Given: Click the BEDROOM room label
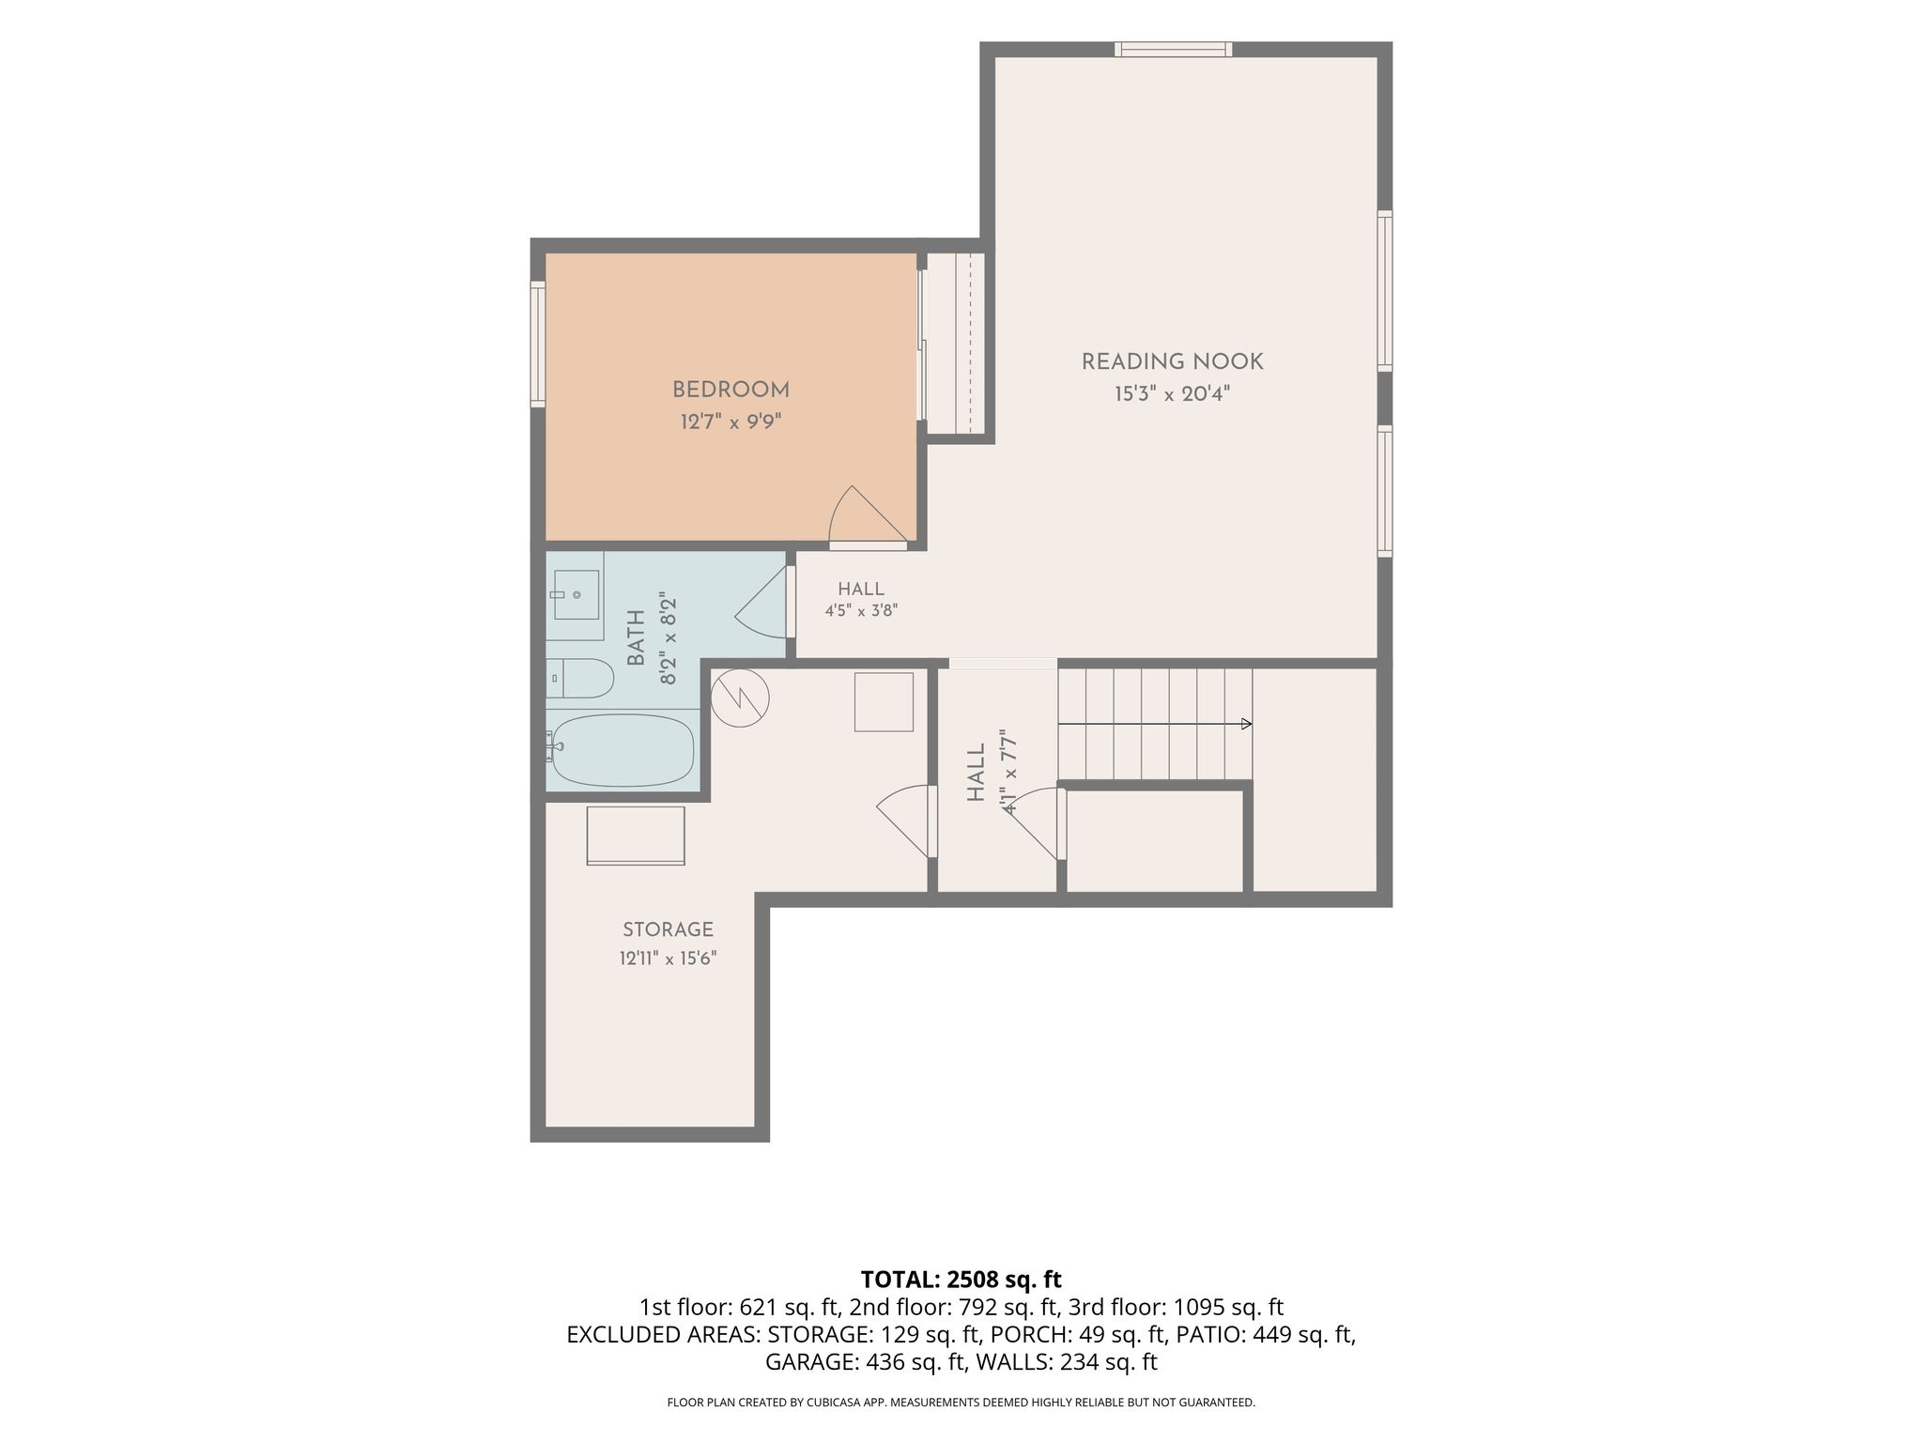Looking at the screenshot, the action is pos(731,390).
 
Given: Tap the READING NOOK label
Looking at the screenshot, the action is pos(1172,361).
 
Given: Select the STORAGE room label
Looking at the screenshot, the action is pos(668,929).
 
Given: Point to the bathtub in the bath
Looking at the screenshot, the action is pos(623,751).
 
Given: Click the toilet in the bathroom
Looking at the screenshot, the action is pos(580,678).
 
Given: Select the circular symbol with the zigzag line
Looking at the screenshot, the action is pos(740,698).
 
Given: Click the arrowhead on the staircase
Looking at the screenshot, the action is pos(1247,724).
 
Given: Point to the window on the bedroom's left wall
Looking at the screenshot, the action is pos(538,345).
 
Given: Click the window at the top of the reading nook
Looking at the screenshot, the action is pos(1173,50).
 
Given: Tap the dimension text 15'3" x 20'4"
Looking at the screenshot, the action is pos(1172,393).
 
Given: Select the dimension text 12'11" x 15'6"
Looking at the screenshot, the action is pos(668,959).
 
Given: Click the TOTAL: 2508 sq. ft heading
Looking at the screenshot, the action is pos(961,1279).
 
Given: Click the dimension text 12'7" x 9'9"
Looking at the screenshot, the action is pos(731,422).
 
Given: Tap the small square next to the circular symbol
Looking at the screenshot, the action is pos(884,701).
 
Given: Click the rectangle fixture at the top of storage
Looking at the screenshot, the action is pos(636,836).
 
